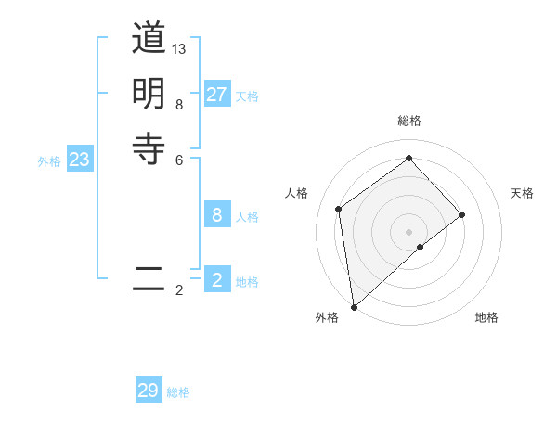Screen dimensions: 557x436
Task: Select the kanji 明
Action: (x=149, y=93)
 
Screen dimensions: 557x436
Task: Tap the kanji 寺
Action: (x=149, y=147)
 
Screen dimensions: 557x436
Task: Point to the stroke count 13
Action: (x=179, y=48)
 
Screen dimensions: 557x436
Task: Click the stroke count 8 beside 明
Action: (x=179, y=105)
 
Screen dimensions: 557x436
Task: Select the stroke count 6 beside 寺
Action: (x=179, y=160)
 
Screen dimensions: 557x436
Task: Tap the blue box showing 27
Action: (x=217, y=95)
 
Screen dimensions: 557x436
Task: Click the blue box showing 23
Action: (x=80, y=160)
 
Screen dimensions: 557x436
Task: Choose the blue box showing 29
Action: (x=149, y=391)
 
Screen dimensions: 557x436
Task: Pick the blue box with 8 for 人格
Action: (x=217, y=215)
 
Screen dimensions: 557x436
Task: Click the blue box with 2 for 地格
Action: (x=217, y=280)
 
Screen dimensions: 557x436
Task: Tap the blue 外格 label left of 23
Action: (x=49, y=161)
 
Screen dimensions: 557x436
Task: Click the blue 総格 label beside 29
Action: (x=179, y=392)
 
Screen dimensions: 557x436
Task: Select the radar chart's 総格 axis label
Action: (x=408, y=121)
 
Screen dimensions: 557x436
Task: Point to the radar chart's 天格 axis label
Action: (x=522, y=193)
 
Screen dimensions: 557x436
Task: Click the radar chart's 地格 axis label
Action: (x=486, y=317)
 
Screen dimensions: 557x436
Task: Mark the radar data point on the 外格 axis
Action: (x=354, y=306)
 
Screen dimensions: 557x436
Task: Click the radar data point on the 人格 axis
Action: (x=339, y=209)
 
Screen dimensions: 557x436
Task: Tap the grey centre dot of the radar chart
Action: (x=408, y=231)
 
